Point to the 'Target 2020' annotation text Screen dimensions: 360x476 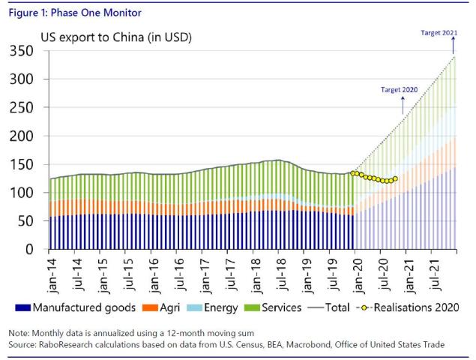pos(400,89)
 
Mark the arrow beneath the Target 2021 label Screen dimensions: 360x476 pos(453,46)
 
